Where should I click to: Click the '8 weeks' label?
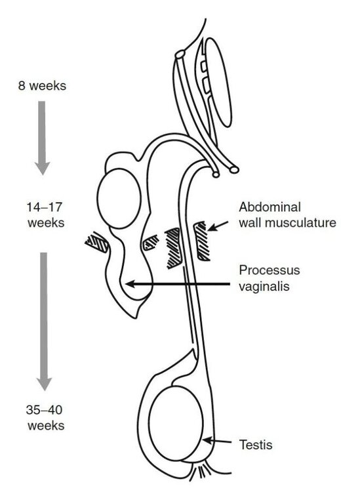click(42, 86)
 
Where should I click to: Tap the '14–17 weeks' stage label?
click(46, 215)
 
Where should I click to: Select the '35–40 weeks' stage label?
click(46, 418)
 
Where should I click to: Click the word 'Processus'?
click(269, 270)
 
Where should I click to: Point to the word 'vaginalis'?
click(264, 286)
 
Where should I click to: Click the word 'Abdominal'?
click(270, 207)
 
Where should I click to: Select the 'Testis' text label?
click(256, 445)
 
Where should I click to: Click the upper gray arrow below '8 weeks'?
click(42, 138)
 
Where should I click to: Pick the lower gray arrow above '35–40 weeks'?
click(44, 321)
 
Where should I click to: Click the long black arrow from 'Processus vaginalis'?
click(177, 284)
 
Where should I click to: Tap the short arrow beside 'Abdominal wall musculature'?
click(218, 226)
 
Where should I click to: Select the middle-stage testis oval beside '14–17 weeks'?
click(119, 199)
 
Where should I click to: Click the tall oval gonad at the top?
click(218, 82)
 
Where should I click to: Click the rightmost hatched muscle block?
click(201, 241)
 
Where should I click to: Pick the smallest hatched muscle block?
click(151, 243)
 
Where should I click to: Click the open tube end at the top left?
click(180, 54)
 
